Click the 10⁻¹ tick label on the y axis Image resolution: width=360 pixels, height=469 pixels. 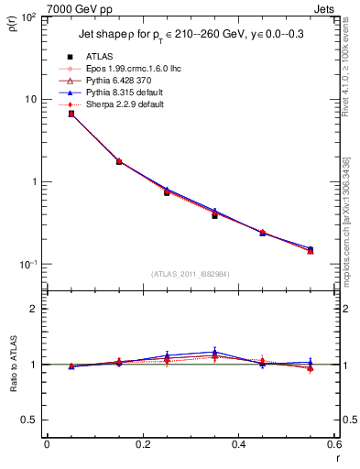point(27,265)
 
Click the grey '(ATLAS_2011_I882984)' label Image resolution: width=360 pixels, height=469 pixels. point(191,274)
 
